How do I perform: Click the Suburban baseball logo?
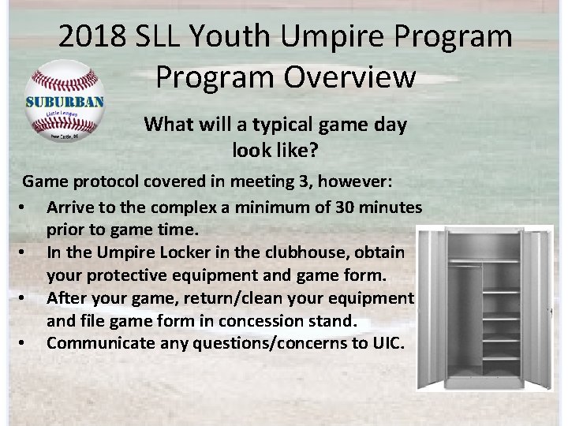click(65, 100)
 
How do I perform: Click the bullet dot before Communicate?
click(28, 343)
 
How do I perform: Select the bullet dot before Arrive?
click(28, 207)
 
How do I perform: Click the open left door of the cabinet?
click(432, 308)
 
